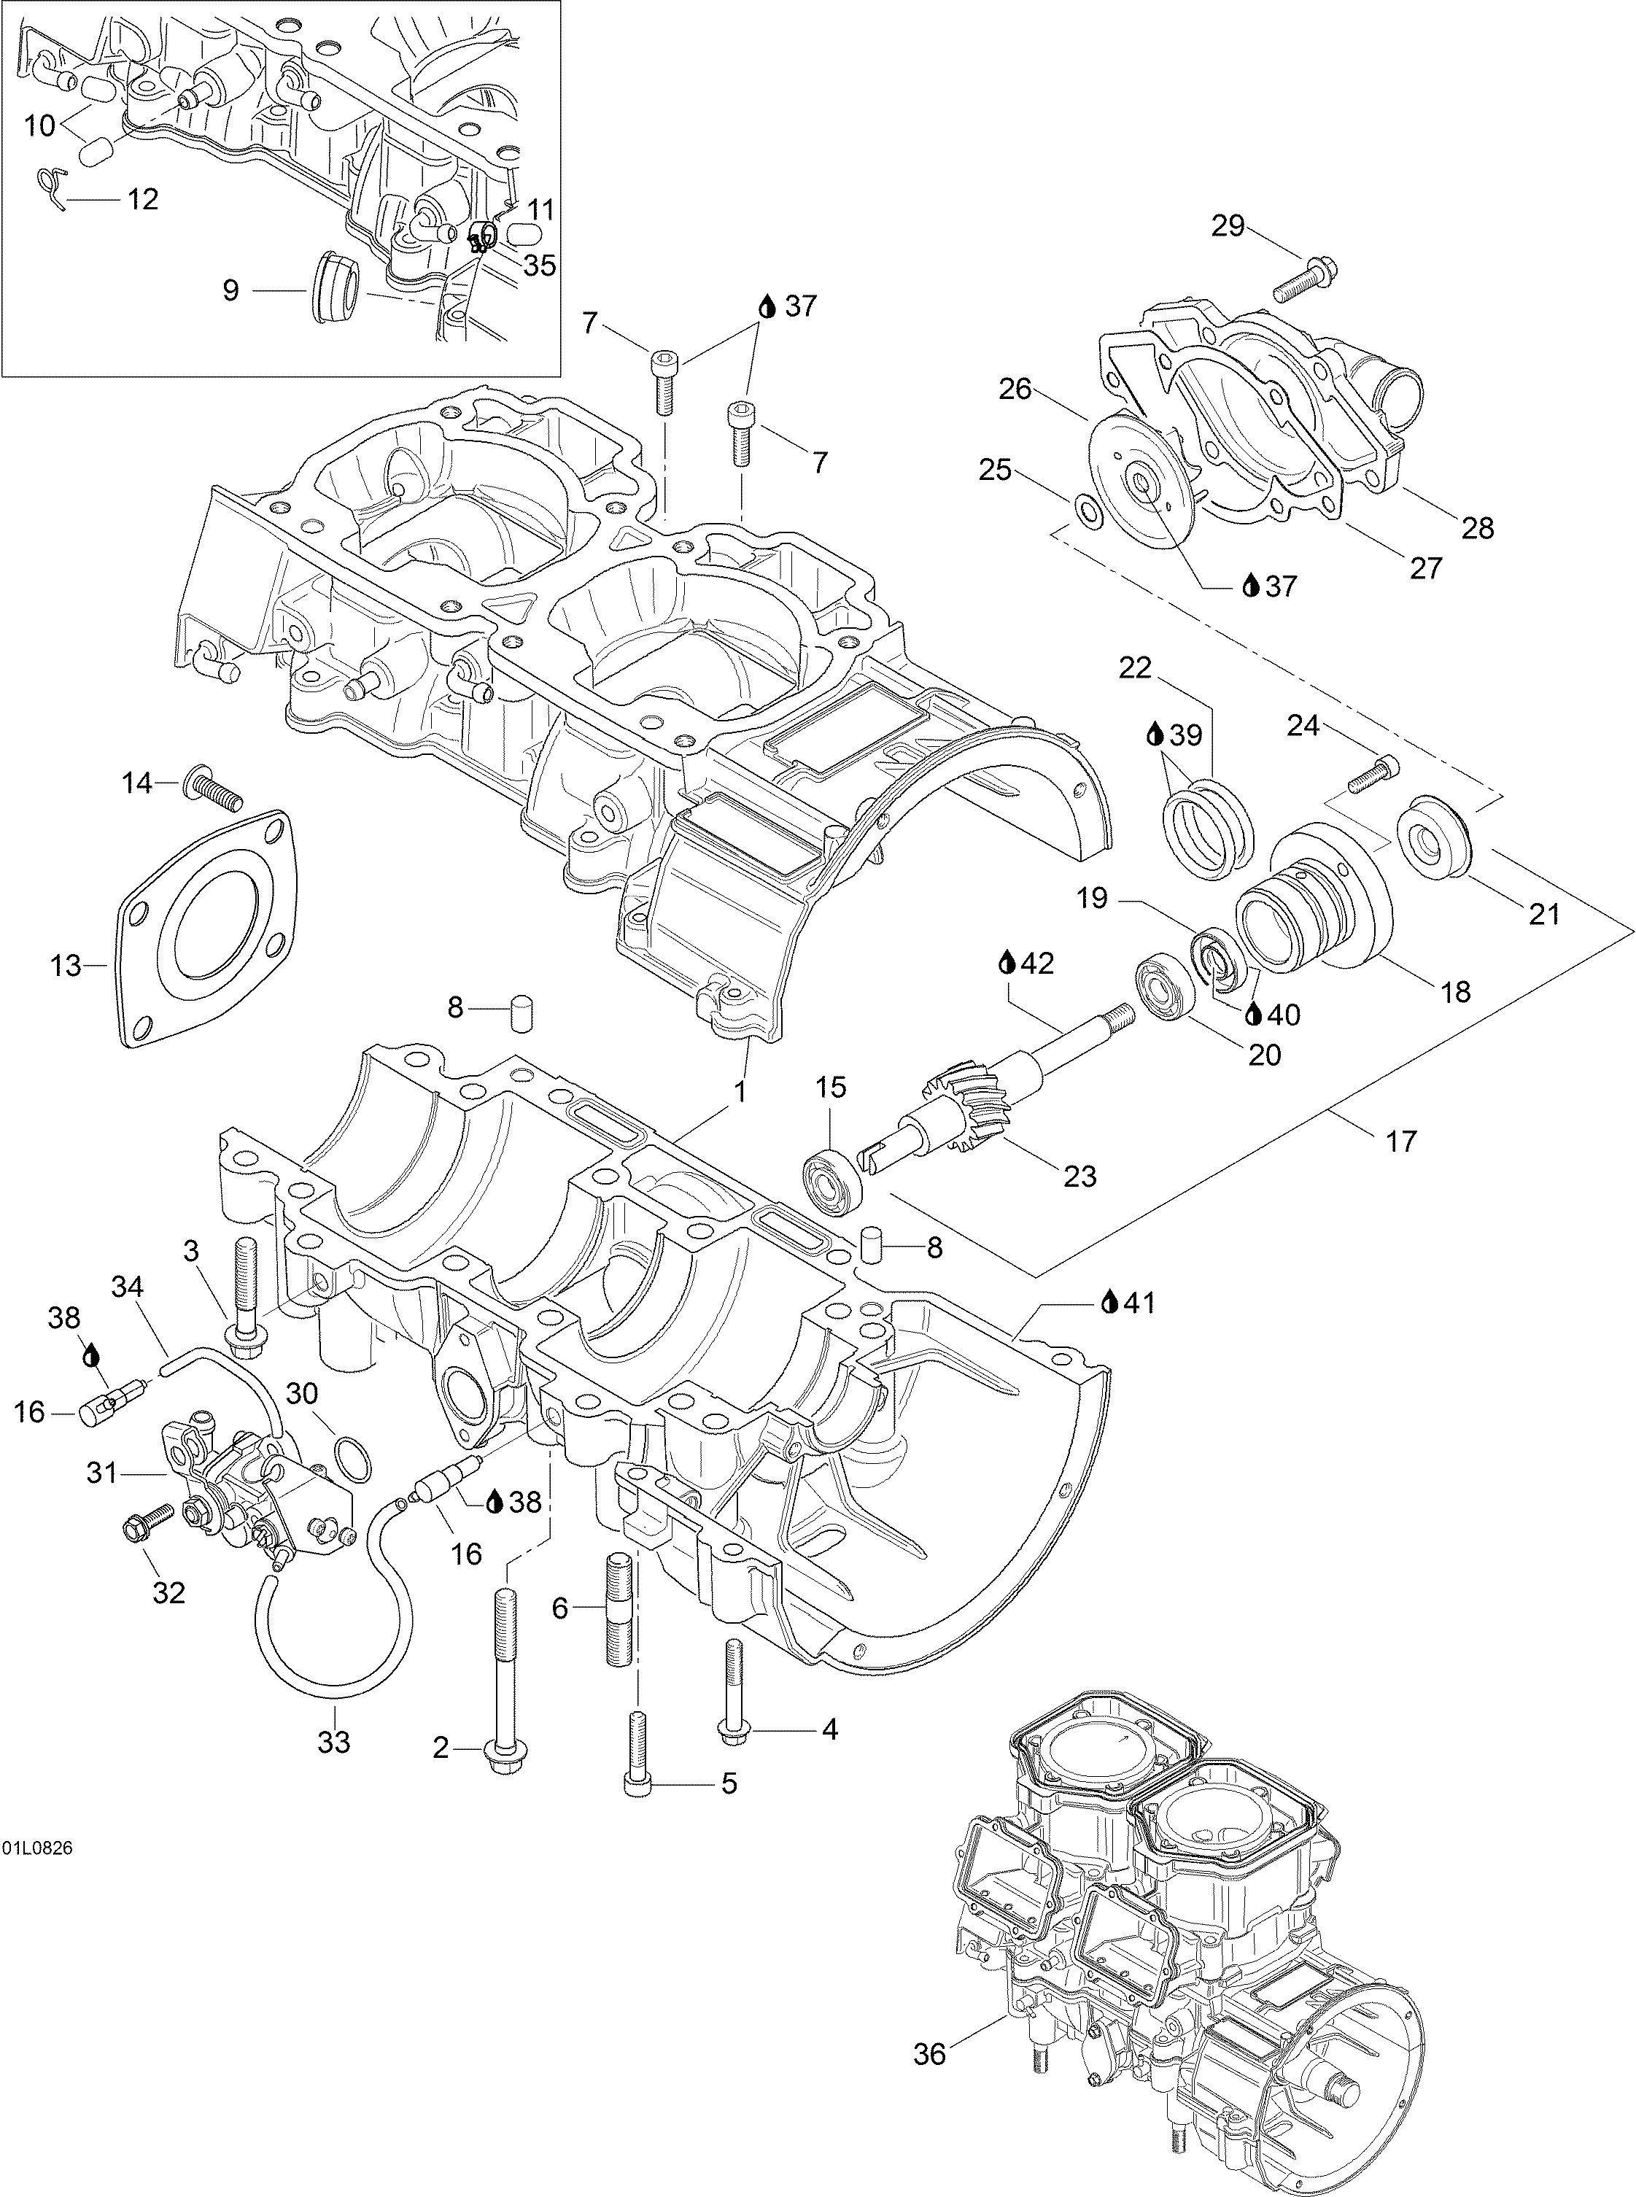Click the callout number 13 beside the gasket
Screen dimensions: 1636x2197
pos(66,965)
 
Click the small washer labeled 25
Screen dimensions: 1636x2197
pos(1088,512)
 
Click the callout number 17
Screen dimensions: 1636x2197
pos(1400,1141)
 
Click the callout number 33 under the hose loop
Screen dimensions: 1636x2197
pos(334,1742)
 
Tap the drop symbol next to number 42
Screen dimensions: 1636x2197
pos(1008,961)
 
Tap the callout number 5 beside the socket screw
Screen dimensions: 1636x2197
pos(728,1783)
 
